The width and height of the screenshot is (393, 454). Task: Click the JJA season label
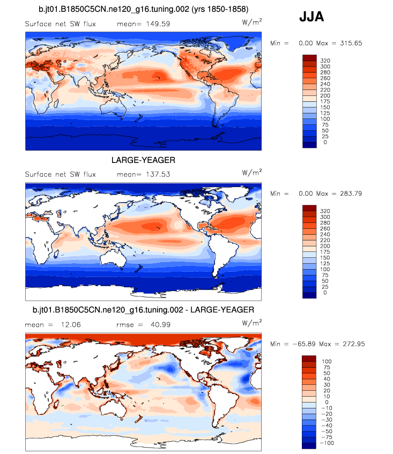coord(311,17)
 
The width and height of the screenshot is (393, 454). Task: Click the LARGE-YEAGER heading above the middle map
coord(143,160)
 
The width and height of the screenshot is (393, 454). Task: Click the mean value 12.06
coord(64,324)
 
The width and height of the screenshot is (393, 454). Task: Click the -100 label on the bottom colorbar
coord(327,444)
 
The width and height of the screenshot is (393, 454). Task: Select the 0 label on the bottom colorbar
coord(325,401)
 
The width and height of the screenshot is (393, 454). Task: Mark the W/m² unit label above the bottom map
coord(252,322)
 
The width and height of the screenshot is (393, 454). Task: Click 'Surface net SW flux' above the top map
coord(60,24)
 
